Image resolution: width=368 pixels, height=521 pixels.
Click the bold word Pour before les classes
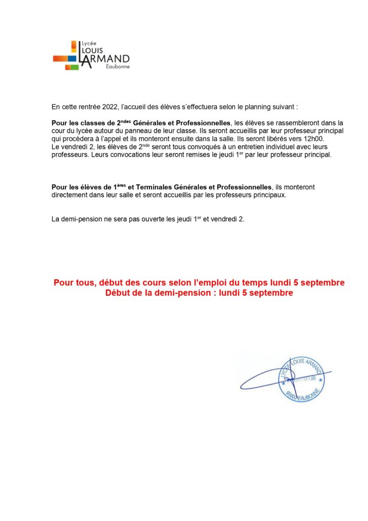pyautogui.click(x=60, y=123)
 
